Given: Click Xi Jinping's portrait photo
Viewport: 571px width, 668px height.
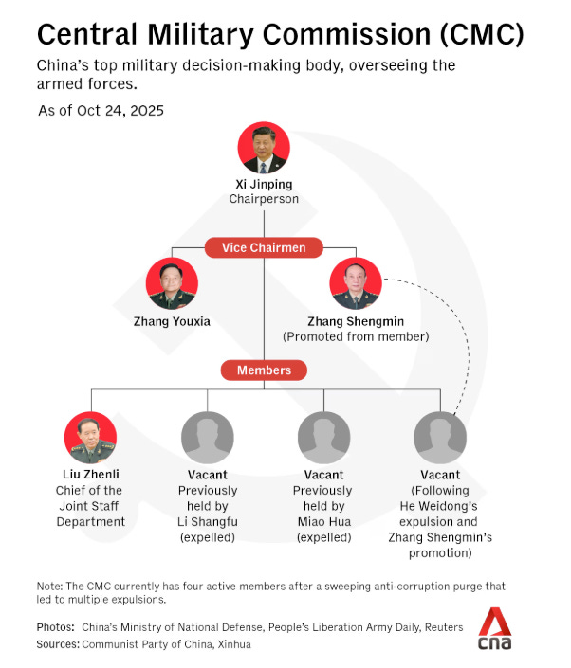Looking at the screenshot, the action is point(263,148).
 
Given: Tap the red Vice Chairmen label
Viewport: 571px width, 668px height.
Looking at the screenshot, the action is point(265,248).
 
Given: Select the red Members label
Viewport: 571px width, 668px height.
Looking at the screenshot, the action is point(265,370).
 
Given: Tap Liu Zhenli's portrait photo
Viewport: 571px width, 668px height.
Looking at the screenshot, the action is point(90,437).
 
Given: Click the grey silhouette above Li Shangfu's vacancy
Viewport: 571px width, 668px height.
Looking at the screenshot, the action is point(207,437).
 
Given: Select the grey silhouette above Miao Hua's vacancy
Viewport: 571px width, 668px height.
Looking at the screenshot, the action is point(322,437).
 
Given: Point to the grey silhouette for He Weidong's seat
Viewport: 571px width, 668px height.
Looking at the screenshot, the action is point(440,437).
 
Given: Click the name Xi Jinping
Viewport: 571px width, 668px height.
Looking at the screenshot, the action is point(263,184).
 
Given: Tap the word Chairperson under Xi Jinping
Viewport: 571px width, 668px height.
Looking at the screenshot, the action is point(263,200).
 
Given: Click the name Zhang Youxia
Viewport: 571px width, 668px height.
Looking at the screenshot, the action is point(173,321).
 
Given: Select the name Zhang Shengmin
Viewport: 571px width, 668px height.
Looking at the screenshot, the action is point(357,321).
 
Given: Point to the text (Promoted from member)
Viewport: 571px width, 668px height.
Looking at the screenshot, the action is point(357,337).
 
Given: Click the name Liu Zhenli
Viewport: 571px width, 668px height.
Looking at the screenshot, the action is point(90,474).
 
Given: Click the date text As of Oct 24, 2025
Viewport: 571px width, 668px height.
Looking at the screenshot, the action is point(101,111).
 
